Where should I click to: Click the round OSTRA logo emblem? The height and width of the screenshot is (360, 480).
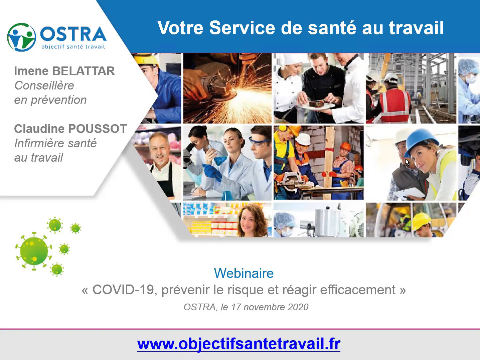(21, 37)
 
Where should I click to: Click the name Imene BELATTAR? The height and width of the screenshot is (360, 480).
(64, 71)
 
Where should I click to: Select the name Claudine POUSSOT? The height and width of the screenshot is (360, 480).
(70, 129)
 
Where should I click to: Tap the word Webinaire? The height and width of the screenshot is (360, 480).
(244, 273)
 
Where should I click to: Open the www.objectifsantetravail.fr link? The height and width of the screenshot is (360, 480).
(238, 344)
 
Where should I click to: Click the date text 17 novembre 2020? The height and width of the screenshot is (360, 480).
(270, 307)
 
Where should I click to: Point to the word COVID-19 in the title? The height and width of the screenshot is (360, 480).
(123, 290)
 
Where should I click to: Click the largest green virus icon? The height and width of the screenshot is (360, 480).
(34, 251)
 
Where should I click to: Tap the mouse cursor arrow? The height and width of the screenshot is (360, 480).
(407, 162)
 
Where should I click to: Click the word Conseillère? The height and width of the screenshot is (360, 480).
(44, 85)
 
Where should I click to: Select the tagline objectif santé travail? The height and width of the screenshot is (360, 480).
(73, 47)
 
